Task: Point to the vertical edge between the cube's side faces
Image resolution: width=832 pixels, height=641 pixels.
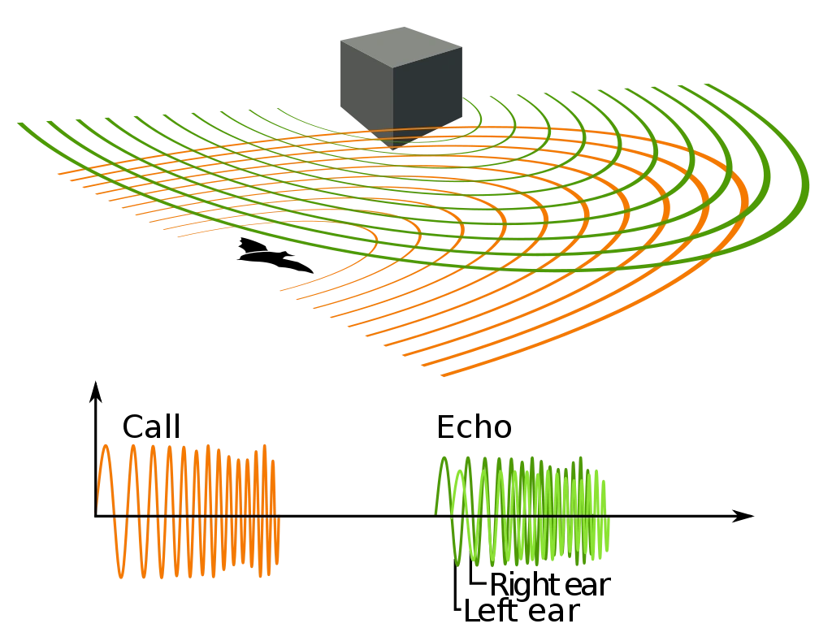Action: pos(393,97)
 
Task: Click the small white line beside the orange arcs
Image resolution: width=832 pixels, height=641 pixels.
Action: pos(257,253)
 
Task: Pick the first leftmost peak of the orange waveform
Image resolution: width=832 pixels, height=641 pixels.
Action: pos(104,448)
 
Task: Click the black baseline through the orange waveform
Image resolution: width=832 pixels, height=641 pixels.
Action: pos(187,517)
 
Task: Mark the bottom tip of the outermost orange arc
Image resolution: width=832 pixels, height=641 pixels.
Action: pos(443,376)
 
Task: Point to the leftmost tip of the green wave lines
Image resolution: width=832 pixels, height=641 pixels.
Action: pos(16,122)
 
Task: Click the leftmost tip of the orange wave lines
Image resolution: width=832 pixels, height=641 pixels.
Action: pos(55,172)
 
